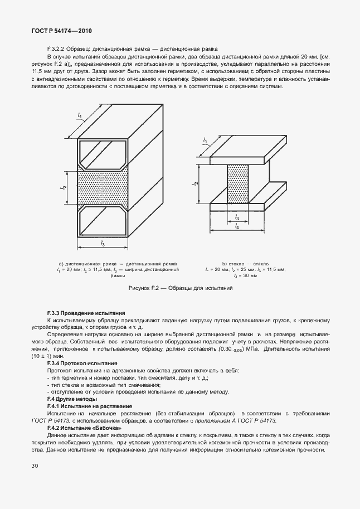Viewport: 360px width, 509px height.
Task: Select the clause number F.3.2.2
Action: pos(57,49)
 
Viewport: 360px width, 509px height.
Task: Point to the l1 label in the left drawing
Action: pos(80,116)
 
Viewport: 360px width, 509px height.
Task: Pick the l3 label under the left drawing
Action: pos(103,243)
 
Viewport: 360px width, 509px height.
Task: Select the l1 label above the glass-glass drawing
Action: pos(205,140)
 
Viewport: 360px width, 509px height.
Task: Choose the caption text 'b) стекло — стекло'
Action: pos(245,263)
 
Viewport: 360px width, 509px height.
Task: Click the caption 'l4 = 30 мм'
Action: pos(245,275)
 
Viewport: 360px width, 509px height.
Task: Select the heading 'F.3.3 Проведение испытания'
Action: pos(86,314)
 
